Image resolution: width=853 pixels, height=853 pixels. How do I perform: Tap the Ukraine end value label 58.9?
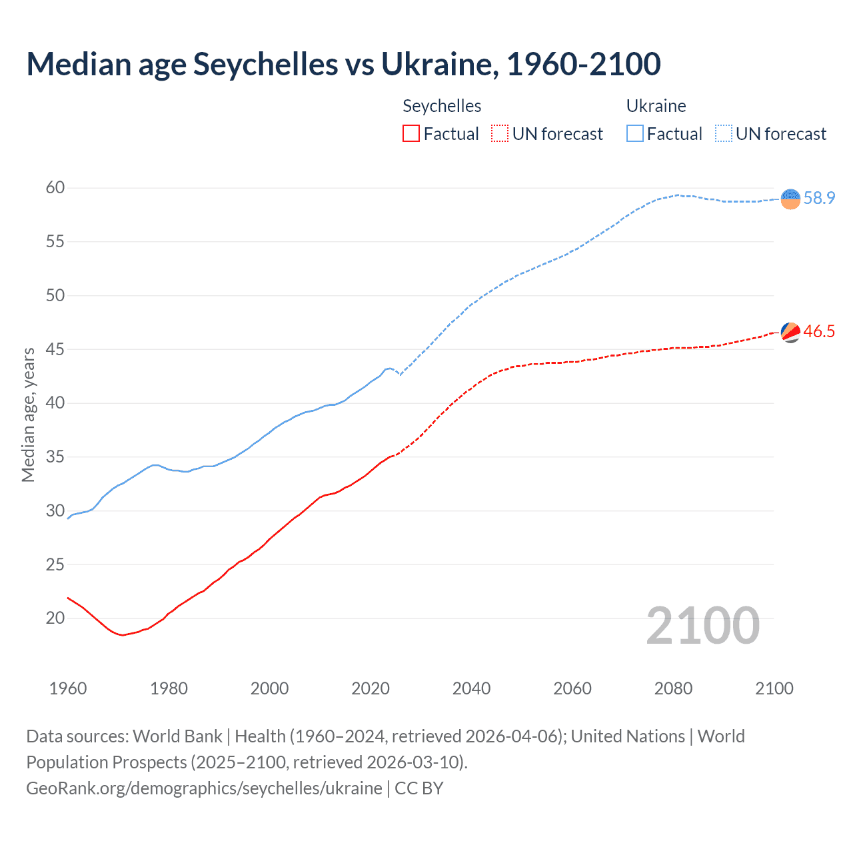pyautogui.click(x=819, y=198)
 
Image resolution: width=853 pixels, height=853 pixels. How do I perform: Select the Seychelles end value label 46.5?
pyautogui.click(x=819, y=331)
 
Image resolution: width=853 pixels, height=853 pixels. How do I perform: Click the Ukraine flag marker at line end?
pyautogui.click(x=790, y=199)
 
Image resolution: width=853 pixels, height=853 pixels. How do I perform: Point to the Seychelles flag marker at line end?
pyautogui.click(x=790, y=332)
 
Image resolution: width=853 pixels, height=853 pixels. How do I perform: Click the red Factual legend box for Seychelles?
pyautogui.click(x=411, y=134)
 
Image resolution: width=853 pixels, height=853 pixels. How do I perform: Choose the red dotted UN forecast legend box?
pyautogui.click(x=500, y=134)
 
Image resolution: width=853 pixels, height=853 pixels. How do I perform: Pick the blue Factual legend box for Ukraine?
pyautogui.click(x=635, y=134)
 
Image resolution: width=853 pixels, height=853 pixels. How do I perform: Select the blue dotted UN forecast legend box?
pyautogui.click(x=724, y=134)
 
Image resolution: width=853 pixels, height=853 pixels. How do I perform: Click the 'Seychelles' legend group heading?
pyautogui.click(x=442, y=106)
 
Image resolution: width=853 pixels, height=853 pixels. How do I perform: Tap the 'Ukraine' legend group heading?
pyautogui.click(x=656, y=106)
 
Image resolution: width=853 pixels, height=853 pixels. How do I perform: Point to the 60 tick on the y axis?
pyautogui.click(x=55, y=188)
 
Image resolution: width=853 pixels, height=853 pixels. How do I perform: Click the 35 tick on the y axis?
pyautogui.click(x=55, y=457)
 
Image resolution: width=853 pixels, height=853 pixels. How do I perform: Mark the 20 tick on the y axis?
pyautogui.click(x=55, y=618)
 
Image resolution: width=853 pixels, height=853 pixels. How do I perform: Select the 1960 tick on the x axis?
pyautogui.click(x=68, y=688)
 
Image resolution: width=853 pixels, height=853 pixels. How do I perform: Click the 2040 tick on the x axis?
pyautogui.click(x=471, y=688)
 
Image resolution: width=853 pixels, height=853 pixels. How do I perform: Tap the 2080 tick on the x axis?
pyautogui.click(x=673, y=688)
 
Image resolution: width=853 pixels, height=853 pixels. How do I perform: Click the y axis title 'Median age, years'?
pyautogui.click(x=28, y=415)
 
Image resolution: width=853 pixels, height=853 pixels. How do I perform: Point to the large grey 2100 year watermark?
pyautogui.click(x=703, y=625)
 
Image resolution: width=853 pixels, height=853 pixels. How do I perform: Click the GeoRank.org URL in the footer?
pyautogui.click(x=204, y=788)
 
